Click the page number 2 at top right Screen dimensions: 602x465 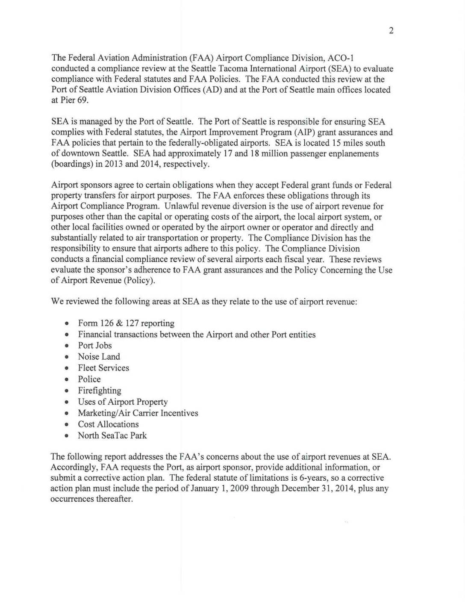point(391,31)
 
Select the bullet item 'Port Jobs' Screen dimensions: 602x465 point(95,345)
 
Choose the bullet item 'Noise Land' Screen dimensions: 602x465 point(99,356)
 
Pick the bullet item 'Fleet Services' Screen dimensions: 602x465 point(103,368)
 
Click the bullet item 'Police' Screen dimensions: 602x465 point(89,379)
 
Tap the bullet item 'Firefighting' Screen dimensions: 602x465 point(99,391)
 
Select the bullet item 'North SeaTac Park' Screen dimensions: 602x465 point(112,435)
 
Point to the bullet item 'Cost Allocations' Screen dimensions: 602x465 point(108,424)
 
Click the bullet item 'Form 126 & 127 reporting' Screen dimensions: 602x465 point(126,323)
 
